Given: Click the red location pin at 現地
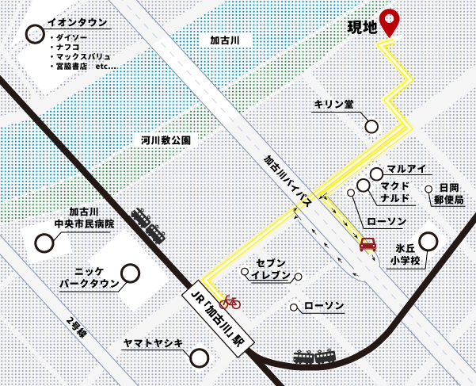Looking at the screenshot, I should [389, 21].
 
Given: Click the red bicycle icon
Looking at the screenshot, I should [230, 300].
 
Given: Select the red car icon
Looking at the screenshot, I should [367, 244].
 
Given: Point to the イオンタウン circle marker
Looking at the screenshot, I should [35, 33].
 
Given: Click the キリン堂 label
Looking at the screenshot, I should [333, 105].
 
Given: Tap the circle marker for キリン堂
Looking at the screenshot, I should [371, 126].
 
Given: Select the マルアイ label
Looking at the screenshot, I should [407, 169].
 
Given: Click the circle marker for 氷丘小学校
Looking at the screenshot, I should [428, 241].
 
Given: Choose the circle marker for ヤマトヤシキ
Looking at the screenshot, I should [199, 358].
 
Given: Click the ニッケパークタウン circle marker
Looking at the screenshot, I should [130, 273].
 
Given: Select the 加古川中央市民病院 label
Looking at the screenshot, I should [84, 218].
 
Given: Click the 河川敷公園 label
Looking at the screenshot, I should [166, 140].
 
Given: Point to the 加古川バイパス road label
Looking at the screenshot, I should [288, 185].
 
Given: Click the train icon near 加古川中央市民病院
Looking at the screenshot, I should [148, 225].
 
